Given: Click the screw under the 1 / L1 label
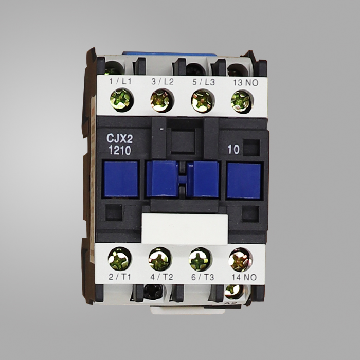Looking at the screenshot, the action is point(122,100).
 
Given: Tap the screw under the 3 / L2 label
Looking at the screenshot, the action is point(162,101).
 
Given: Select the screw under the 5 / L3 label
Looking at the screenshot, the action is point(203,101).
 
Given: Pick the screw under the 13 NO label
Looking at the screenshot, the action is point(242,102).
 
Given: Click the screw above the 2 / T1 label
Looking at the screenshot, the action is point(120,259).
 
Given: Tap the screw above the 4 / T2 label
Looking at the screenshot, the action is point(160,259).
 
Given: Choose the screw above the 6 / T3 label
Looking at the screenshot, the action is point(200,259).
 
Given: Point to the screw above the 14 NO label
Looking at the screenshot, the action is point(240,260).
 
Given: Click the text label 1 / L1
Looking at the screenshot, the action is point(120,81).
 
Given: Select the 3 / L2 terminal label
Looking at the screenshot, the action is point(163,81).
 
